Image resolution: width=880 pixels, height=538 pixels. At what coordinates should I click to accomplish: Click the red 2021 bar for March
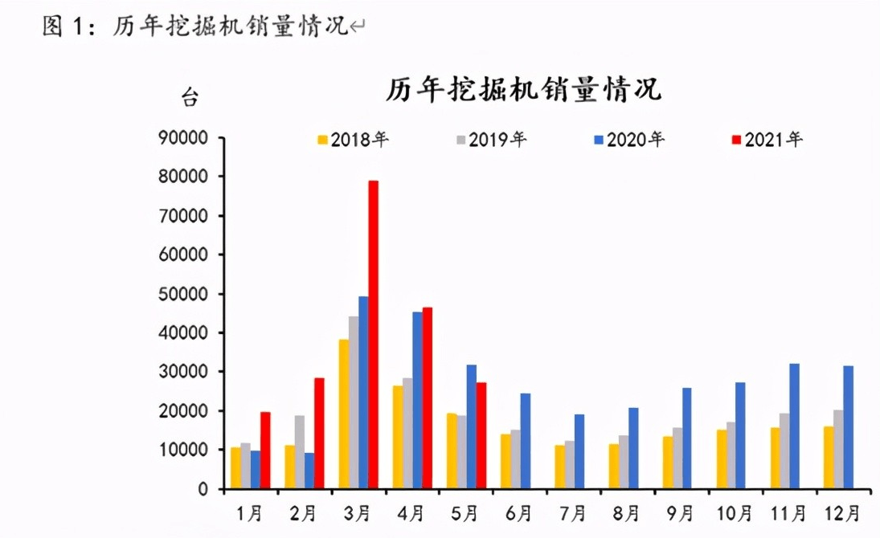pos(373,335)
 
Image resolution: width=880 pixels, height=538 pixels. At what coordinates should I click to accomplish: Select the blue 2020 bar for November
pos(794,426)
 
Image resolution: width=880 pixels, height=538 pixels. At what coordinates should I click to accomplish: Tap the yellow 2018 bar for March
pos(343,414)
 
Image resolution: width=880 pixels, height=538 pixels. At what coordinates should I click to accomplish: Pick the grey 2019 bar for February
pos(300,452)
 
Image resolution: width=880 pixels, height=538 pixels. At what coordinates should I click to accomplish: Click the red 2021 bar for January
pos(265,450)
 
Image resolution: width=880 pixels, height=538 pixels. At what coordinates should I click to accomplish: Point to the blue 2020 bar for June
pos(525,441)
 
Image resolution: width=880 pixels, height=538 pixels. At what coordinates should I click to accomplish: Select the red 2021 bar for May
pos(481,435)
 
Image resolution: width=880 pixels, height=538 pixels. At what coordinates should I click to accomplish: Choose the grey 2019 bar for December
pos(837,450)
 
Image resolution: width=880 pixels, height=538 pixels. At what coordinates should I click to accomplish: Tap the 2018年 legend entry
pos(354,140)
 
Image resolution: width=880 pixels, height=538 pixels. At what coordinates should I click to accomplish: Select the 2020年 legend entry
pos(629,140)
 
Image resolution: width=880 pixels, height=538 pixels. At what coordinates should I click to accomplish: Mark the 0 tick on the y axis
pos(203,489)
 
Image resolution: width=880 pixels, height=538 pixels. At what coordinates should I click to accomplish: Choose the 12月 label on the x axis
pos(841,512)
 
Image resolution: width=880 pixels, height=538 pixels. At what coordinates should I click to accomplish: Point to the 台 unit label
pos(189,100)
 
